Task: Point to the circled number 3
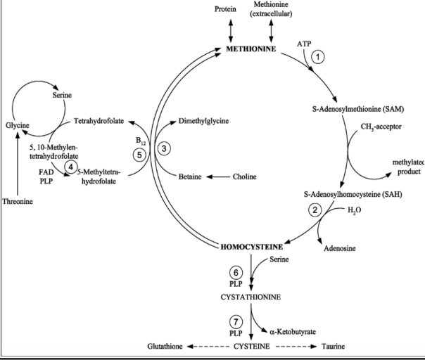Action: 164,148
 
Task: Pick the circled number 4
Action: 70,166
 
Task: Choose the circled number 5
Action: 139,154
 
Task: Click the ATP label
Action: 304,44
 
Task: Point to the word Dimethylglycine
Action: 204,121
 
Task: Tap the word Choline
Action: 246,175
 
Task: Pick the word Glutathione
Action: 165,347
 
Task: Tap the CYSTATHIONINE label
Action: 251,297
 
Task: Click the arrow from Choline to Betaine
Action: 217,175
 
